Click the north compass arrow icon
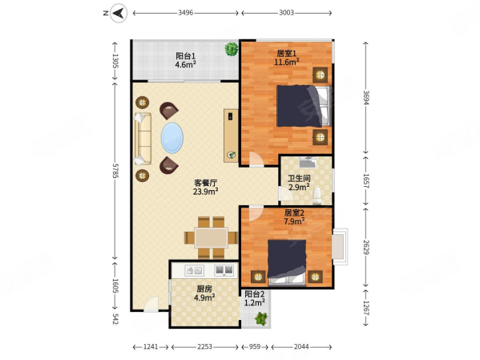119,13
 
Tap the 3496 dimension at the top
186,13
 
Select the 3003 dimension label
286,13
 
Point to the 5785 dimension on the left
115,171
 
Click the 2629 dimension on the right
366,247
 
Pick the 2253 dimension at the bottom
204,347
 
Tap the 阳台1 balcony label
186,56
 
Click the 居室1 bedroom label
287,54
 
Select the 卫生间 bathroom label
299,178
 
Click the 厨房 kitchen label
204,289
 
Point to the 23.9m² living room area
205,192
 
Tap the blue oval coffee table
172,138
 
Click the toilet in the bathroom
317,196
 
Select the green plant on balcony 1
231,49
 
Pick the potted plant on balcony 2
261,318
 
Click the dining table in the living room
212,237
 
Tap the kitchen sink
195,270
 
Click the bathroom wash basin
308,163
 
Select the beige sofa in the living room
143,139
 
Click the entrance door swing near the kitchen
151,303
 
